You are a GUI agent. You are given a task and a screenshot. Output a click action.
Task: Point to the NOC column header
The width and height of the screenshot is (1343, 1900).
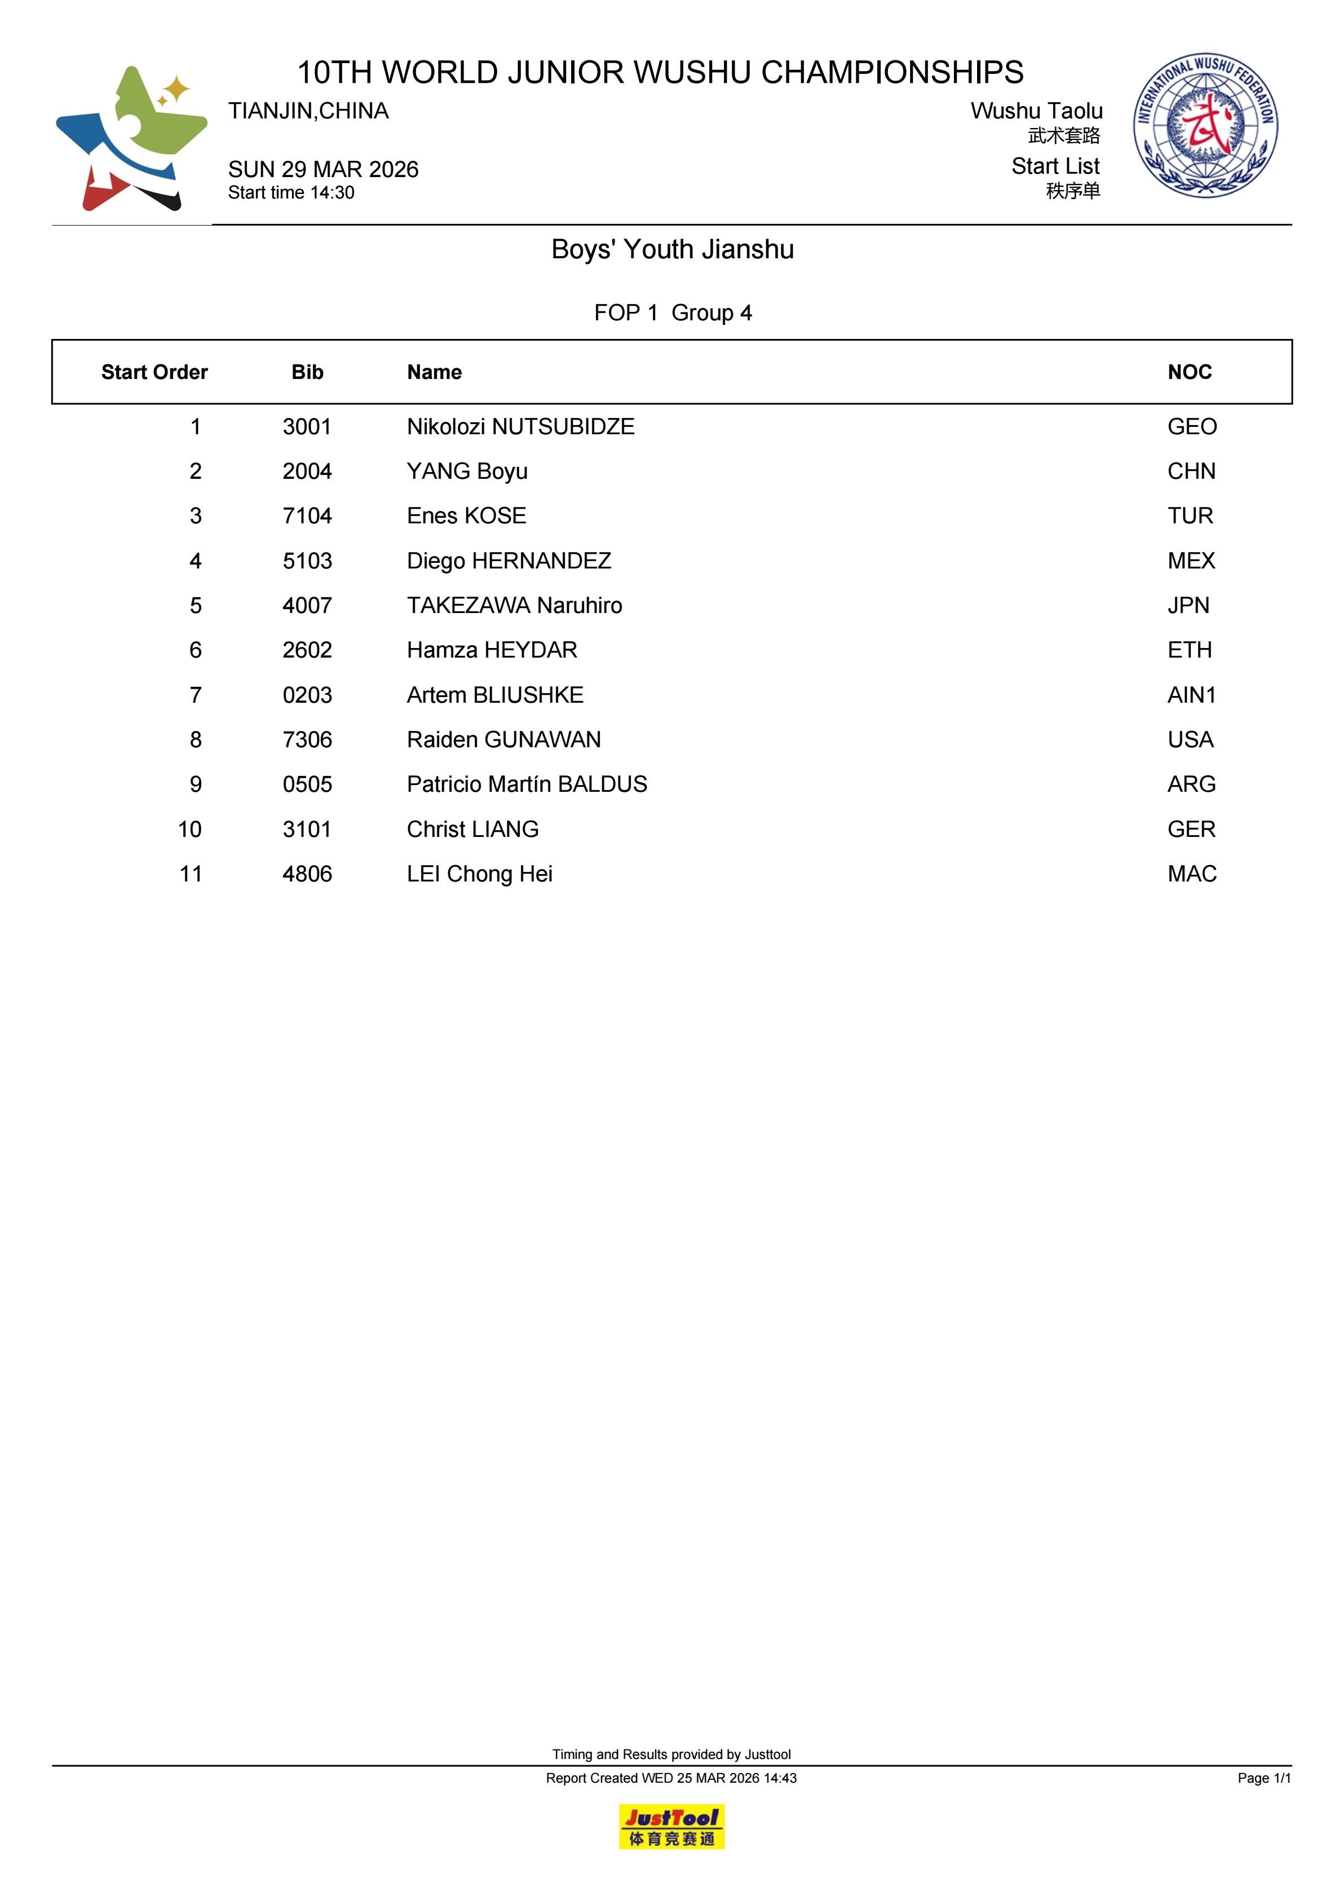pos(1189,372)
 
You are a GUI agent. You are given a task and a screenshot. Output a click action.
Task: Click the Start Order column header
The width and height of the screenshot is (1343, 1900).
pos(154,372)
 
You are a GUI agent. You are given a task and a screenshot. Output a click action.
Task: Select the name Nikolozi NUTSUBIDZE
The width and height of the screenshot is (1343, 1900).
pos(520,427)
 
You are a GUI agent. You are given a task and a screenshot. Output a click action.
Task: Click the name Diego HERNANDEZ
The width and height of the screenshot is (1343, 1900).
pos(509,561)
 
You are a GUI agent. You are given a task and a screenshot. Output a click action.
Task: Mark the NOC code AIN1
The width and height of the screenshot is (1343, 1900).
pos(1191,695)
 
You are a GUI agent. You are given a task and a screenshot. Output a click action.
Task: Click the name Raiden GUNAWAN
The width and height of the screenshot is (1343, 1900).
pos(504,740)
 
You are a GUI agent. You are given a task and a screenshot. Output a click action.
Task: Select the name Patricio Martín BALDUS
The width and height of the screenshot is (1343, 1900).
pos(527,784)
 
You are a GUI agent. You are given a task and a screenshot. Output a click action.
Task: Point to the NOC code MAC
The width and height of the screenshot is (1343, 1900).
pos(1191,874)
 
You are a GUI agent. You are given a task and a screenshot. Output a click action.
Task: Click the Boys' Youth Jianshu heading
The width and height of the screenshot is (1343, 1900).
pos(672,249)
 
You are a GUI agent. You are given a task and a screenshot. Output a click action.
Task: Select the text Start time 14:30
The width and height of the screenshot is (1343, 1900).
pos(291,193)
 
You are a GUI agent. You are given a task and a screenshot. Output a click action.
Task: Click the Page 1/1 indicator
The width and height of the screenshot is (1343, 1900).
pos(1264,1778)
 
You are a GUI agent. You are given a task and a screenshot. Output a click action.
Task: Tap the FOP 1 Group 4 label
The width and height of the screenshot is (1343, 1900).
pos(672,313)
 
